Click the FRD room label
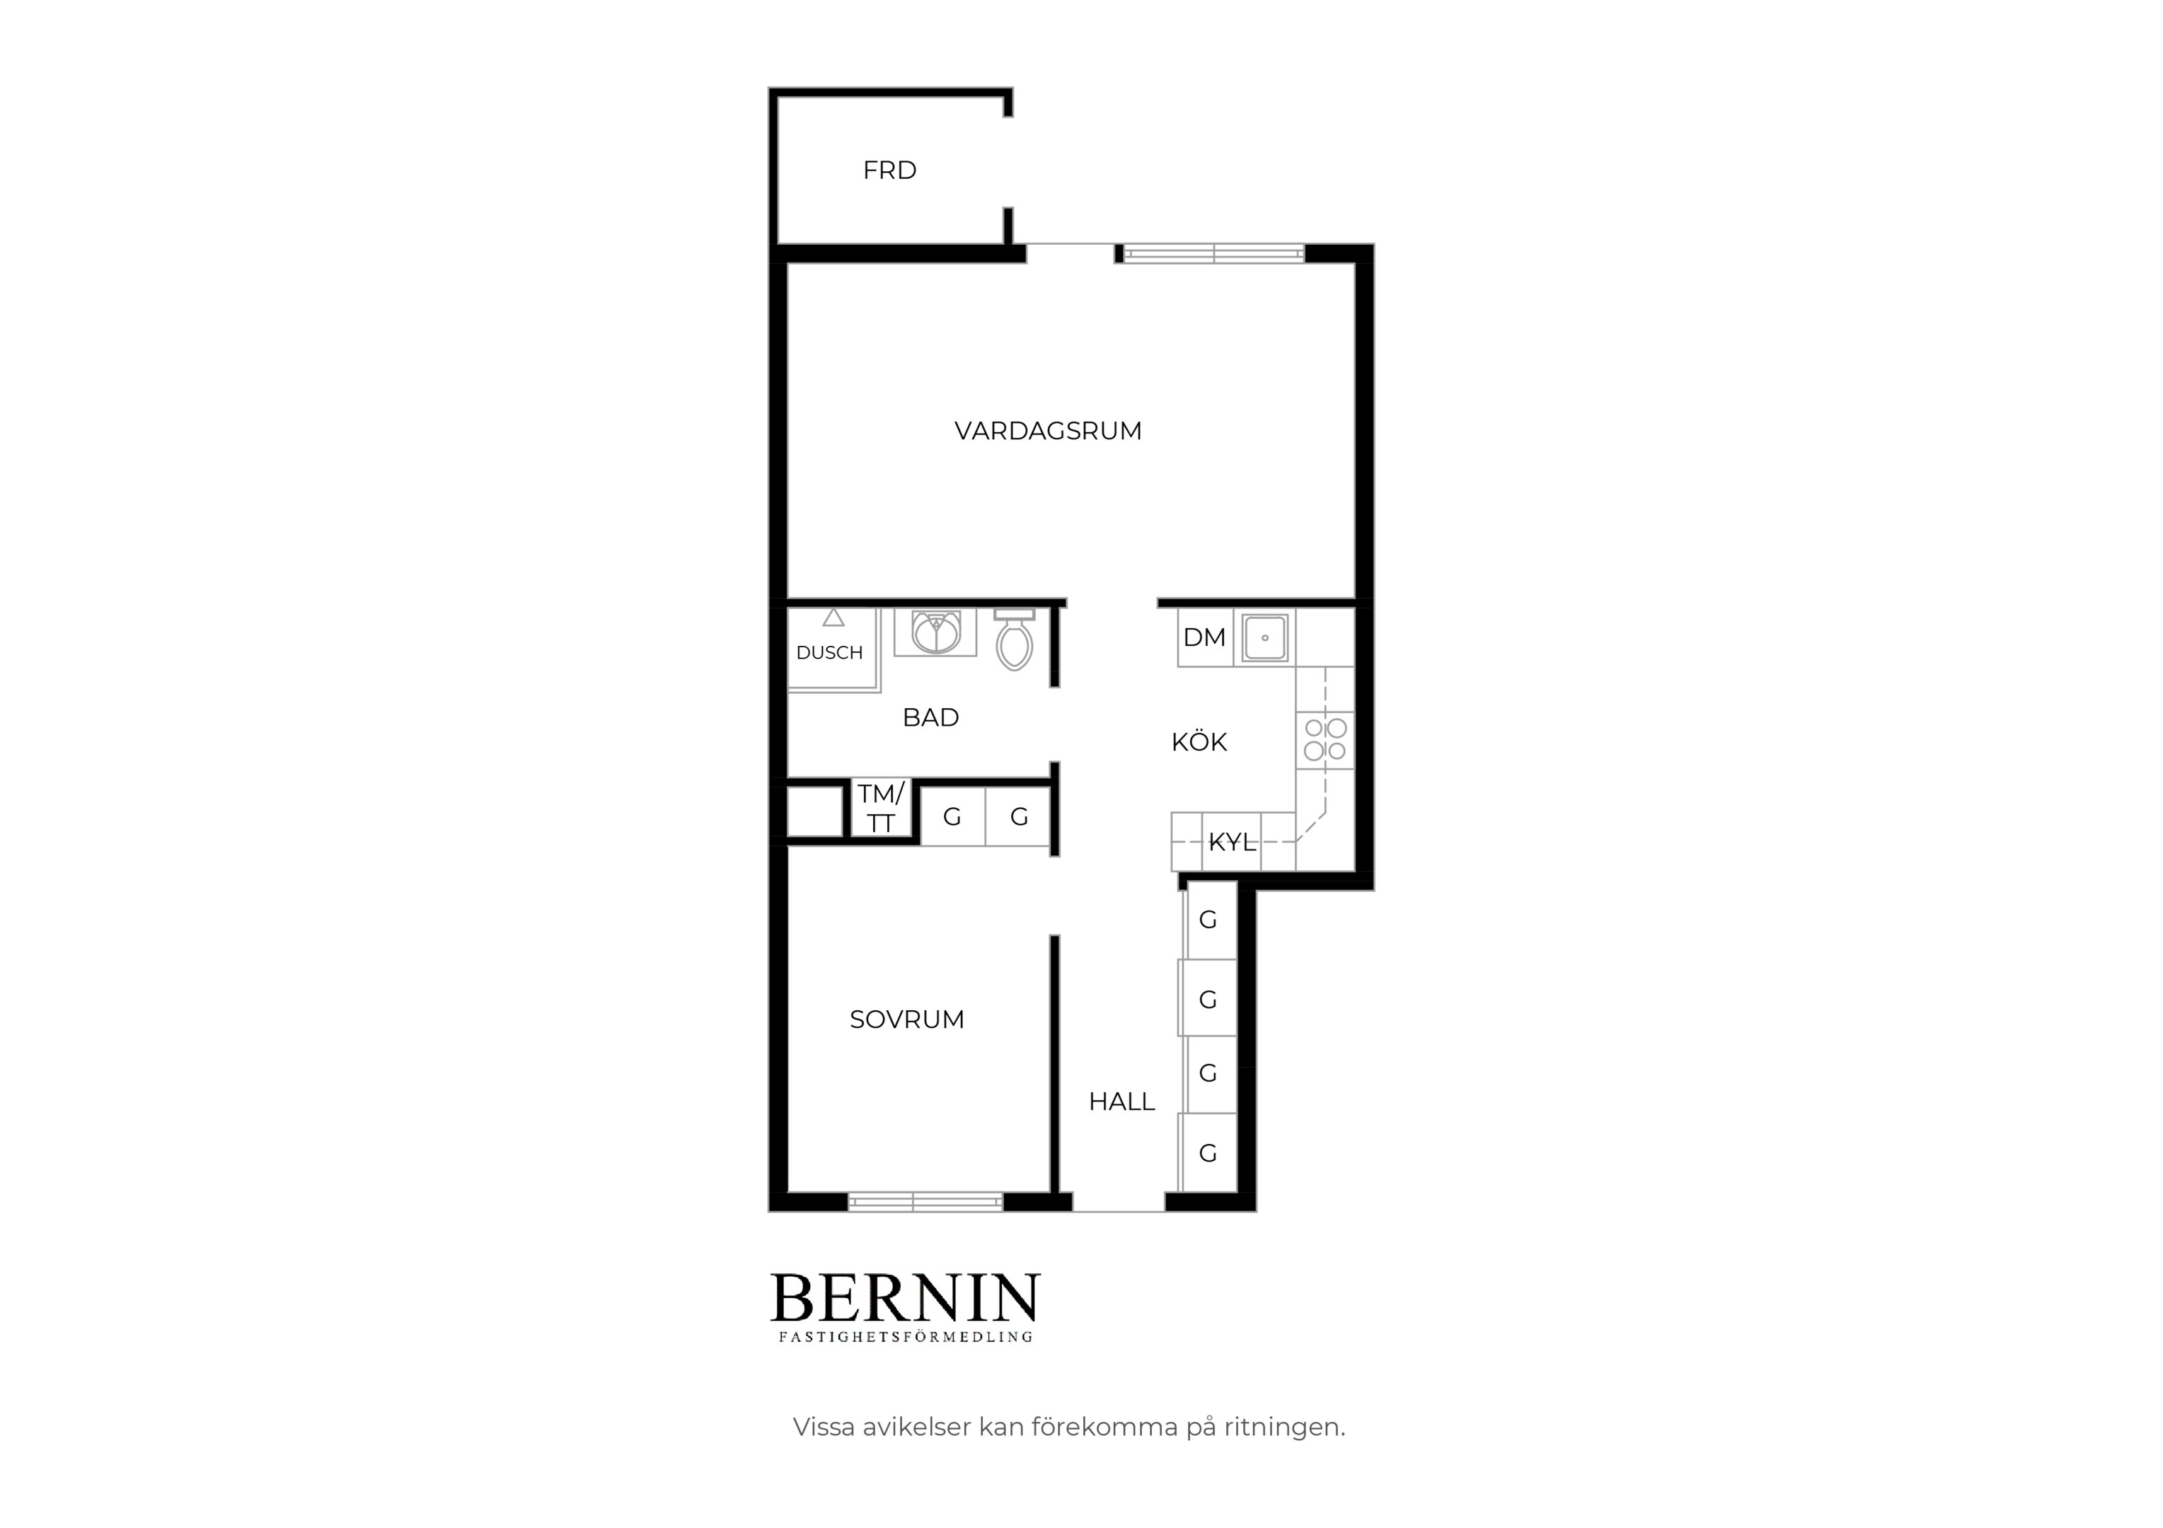[x=889, y=170]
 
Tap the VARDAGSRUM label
[x=1048, y=432]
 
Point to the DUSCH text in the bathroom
[x=829, y=653]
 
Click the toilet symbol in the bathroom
[x=1015, y=639]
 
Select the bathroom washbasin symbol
[x=935, y=632]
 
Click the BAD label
[x=930, y=718]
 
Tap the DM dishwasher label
[x=1204, y=638]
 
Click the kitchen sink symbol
[x=1264, y=638]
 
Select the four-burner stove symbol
[x=1325, y=739]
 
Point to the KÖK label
[x=1199, y=742]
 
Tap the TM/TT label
[x=881, y=809]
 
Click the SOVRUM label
[x=907, y=1019]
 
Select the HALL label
[x=1121, y=1101]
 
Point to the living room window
[x=1213, y=253]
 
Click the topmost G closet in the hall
[x=1209, y=920]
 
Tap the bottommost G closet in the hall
[x=1209, y=1153]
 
